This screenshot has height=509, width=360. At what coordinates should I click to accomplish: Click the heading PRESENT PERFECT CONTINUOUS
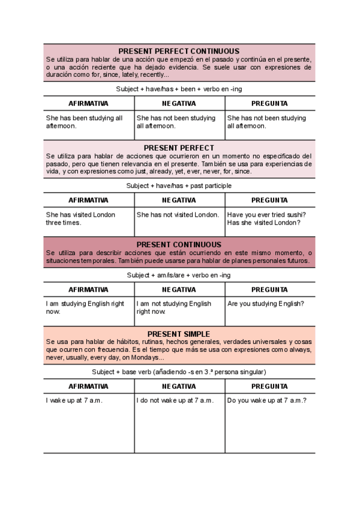click(179, 51)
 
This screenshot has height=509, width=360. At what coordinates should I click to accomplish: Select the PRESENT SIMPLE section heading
click(179, 334)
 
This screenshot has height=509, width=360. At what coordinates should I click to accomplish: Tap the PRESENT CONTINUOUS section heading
click(179, 244)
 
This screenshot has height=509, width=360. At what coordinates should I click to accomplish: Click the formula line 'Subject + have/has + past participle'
click(179, 185)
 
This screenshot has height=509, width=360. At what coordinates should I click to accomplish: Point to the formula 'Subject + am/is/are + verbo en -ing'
click(179, 275)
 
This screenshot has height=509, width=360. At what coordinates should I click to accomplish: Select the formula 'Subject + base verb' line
click(179, 372)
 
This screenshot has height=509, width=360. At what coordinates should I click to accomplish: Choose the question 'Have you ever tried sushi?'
click(266, 214)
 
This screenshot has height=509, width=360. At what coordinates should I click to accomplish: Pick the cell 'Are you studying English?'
click(266, 304)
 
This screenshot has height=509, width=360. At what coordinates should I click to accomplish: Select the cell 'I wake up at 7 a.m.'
click(74, 400)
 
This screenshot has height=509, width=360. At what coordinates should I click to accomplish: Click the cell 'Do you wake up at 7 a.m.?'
click(267, 400)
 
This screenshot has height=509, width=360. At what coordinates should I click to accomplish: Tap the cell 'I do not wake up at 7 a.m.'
click(175, 400)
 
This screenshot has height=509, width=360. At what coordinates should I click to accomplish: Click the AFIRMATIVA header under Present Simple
click(88, 386)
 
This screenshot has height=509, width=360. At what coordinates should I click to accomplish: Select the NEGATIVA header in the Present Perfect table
click(179, 200)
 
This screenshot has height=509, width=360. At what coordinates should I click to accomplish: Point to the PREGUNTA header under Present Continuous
click(269, 289)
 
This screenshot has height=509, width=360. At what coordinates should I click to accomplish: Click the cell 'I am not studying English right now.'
click(174, 307)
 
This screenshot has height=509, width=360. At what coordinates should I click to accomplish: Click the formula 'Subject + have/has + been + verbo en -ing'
click(179, 88)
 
